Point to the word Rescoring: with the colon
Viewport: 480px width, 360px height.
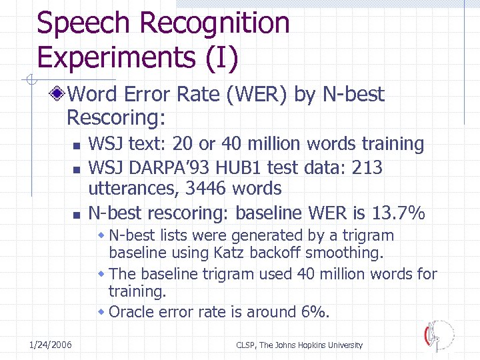pyautogui.click(x=116, y=117)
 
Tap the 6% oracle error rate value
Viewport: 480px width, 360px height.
pyautogui.click(x=315, y=311)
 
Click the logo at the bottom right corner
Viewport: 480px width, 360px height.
pyautogui.click(x=439, y=335)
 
